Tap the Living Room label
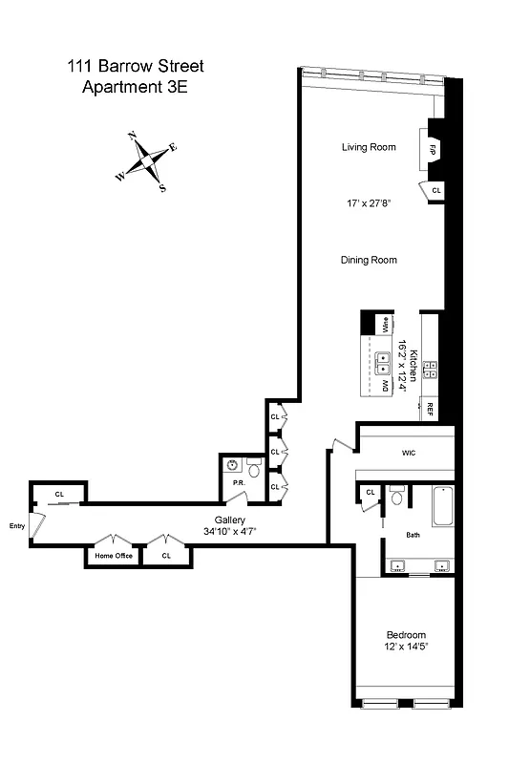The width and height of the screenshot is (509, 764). coord(369,147)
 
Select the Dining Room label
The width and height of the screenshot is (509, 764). coord(369,260)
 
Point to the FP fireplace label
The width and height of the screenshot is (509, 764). coord(432,150)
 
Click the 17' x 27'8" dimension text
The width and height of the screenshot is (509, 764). coord(369,203)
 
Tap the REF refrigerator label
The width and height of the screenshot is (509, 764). coord(430,408)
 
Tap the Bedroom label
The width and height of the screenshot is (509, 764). coord(405,635)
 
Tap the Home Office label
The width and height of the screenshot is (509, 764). coord(113,556)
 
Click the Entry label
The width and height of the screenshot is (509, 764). coord(17,525)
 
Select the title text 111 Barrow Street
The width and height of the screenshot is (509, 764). coord(135,67)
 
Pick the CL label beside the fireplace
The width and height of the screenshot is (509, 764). coord(437,191)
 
